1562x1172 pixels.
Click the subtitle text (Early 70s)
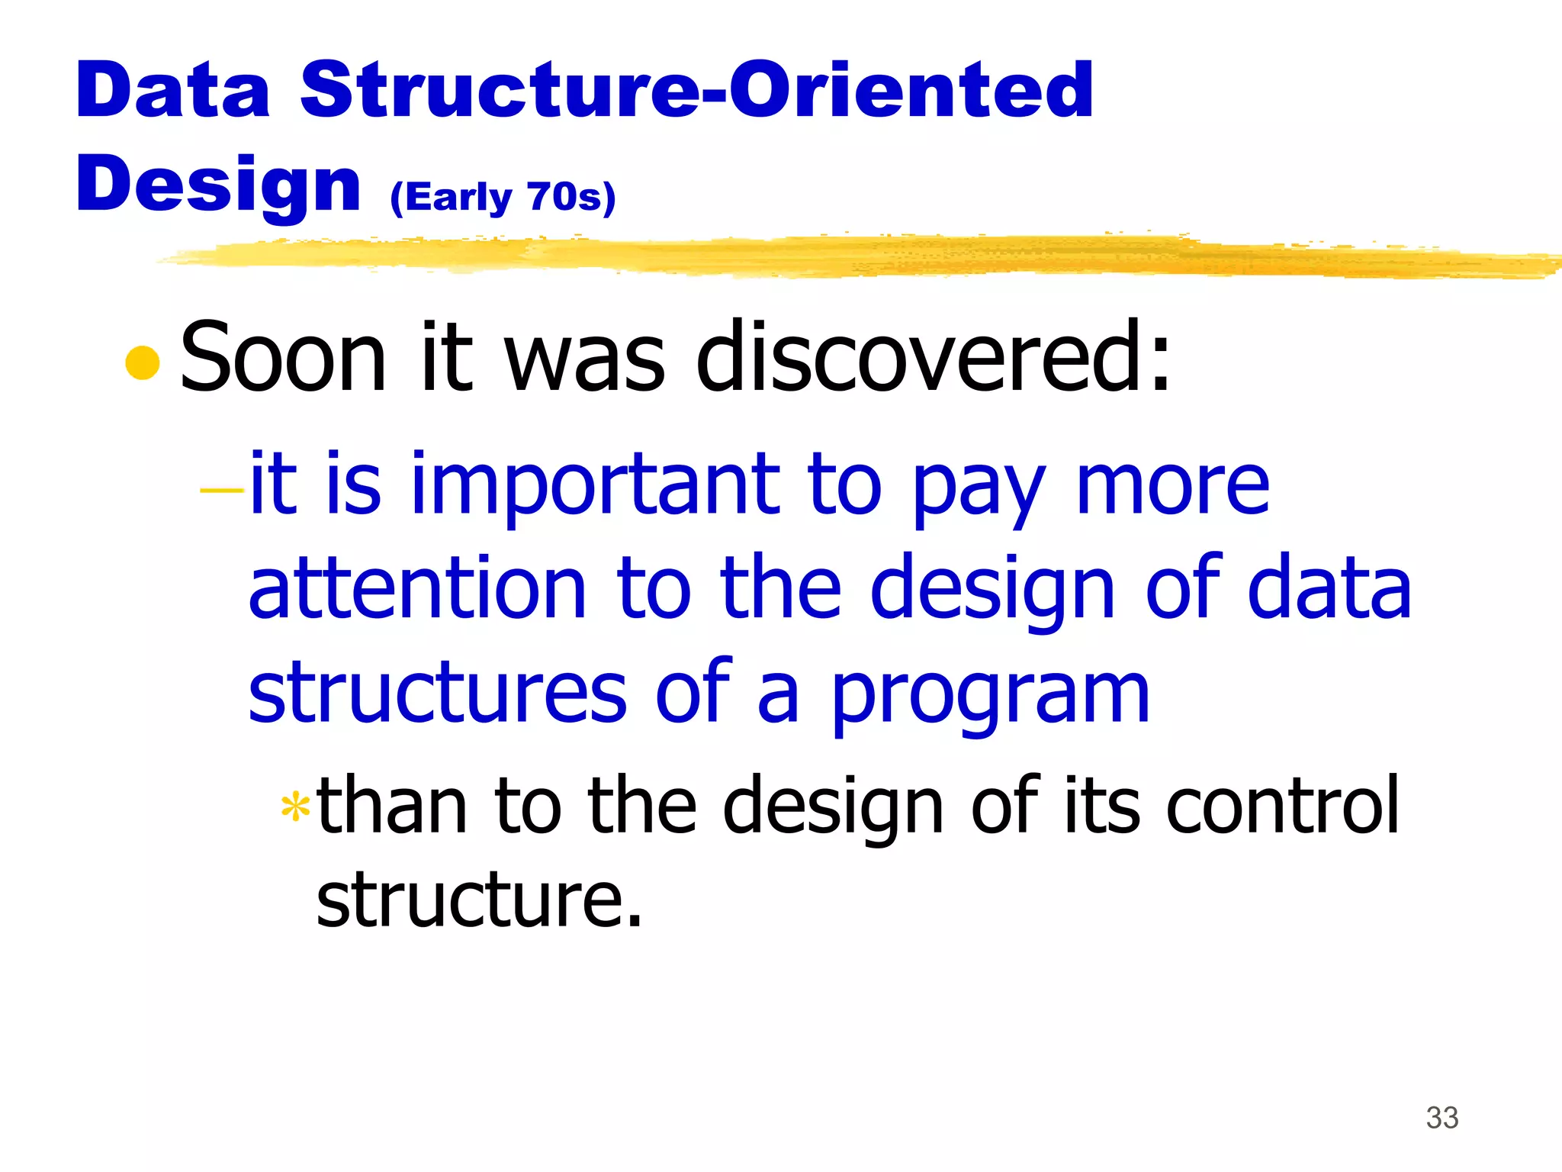pos(503,198)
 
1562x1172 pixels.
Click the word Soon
pos(283,357)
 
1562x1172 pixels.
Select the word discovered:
pos(933,357)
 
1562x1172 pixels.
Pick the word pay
pos(979,488)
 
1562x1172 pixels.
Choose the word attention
pos(417,588)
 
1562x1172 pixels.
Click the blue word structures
pos(438,692)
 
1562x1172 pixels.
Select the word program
pos(989,696)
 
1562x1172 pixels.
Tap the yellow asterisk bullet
pos(295,807)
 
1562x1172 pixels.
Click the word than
pos(392,805)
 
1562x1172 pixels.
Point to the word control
pos(1283,805)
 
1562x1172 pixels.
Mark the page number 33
pos(1441,1118)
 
